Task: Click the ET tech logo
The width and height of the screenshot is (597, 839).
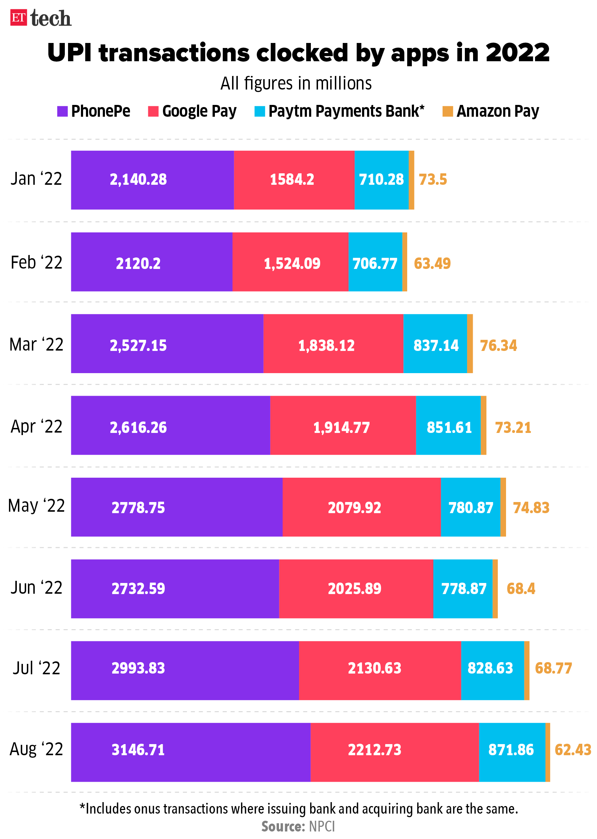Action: pyautogui.click(x=40, y=18)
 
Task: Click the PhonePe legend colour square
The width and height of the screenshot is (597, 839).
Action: pyautogui.click(x=62, y=111)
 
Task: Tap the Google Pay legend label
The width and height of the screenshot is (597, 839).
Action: pyautogui.click(x=199, y=111)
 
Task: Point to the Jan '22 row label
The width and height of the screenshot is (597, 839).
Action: pyautogui.click(x=36, y=179)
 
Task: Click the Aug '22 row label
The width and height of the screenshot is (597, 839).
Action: pyautogui.click(x=36, y=749)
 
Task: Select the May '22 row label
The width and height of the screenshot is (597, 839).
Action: pyautogui.click(x=36, y=506)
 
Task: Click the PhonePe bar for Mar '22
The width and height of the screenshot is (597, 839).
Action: pyautogui.click(x=167, y=344)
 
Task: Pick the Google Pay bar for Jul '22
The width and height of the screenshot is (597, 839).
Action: pyautogui.click(x=380, y=670)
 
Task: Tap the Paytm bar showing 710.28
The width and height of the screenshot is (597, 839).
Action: pyautogui.click(x=381, y=180)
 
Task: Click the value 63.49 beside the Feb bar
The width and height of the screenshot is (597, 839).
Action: pyautogui.click(x=432, y=264)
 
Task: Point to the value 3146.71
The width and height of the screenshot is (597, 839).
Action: pyautogui.click(x=138, y=750)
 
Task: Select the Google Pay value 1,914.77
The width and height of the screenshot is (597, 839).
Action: pyautogui.click(x=341, y=428)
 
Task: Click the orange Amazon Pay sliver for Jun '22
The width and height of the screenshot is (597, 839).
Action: pyautogui.click(x=495, y=589)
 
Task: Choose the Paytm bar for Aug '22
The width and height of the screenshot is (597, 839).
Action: pyautogui.click(x=512, y=752)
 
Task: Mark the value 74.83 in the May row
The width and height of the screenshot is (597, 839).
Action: pyautogui.click(x=531, y=508)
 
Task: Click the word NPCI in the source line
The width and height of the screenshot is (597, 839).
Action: pyautogui.click(x=322, y=826)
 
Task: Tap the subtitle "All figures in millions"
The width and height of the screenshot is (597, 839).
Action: pyautogui.click(x=296, y=83)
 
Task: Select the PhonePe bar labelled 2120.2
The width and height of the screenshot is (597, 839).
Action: pyautogui.click(x=151, y=262)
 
